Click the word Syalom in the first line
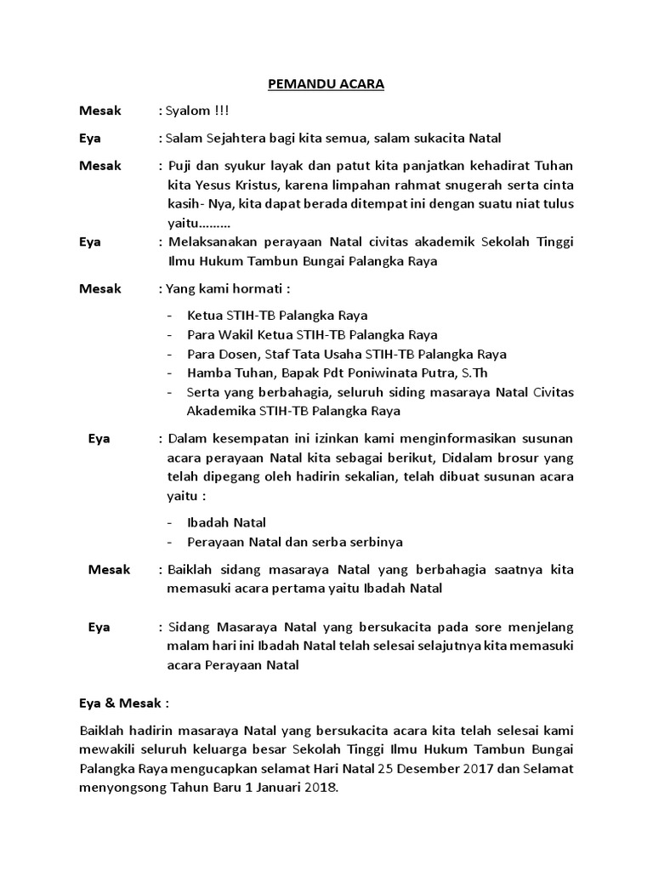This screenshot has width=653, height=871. click(x=188, y=111)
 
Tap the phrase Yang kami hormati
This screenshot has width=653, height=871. click(x=224, y=288)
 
